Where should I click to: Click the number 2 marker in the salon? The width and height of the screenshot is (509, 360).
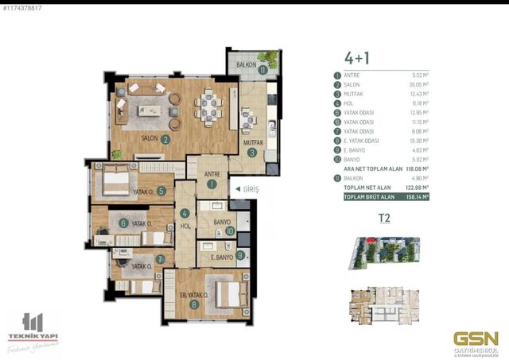click(x=165, y=139)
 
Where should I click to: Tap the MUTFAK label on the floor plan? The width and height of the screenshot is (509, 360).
click(x=254, y=144)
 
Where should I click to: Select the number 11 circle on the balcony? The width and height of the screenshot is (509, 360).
click(x=262, y=70)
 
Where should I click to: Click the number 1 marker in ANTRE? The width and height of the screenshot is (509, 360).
click(x=212, y=184)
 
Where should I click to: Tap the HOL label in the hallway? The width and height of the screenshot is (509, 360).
click(x=185, y=226)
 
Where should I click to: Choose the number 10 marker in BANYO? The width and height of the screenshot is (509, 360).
click(x=230, y=231)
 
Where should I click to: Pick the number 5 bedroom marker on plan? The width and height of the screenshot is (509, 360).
click(x=161, y=191)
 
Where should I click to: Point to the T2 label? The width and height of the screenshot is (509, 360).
click(x=384, y=216)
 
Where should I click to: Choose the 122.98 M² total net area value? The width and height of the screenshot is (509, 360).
click(x=417, y=187)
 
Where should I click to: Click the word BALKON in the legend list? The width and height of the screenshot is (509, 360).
click(x=354, y=179)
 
